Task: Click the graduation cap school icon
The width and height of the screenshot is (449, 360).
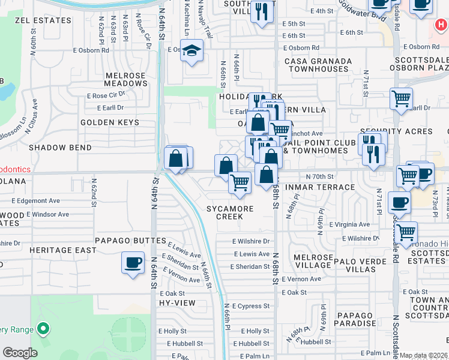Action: point(193,52)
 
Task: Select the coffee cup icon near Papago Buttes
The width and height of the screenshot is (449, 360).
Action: point(133,262)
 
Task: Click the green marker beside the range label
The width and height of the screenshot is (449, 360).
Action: point(43,329)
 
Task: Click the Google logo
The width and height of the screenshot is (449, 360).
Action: point(19,353)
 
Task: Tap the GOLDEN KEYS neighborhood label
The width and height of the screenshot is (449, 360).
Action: point(110,122)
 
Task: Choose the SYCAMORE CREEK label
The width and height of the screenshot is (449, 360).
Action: point(230,212)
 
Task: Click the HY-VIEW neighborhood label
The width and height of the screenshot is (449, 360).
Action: point(177,303)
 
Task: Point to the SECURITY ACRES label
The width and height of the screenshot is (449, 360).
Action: point(396,131)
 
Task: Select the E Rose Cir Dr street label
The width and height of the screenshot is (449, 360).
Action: point(106,95)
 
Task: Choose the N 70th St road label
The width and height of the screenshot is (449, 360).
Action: point(319,176)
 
